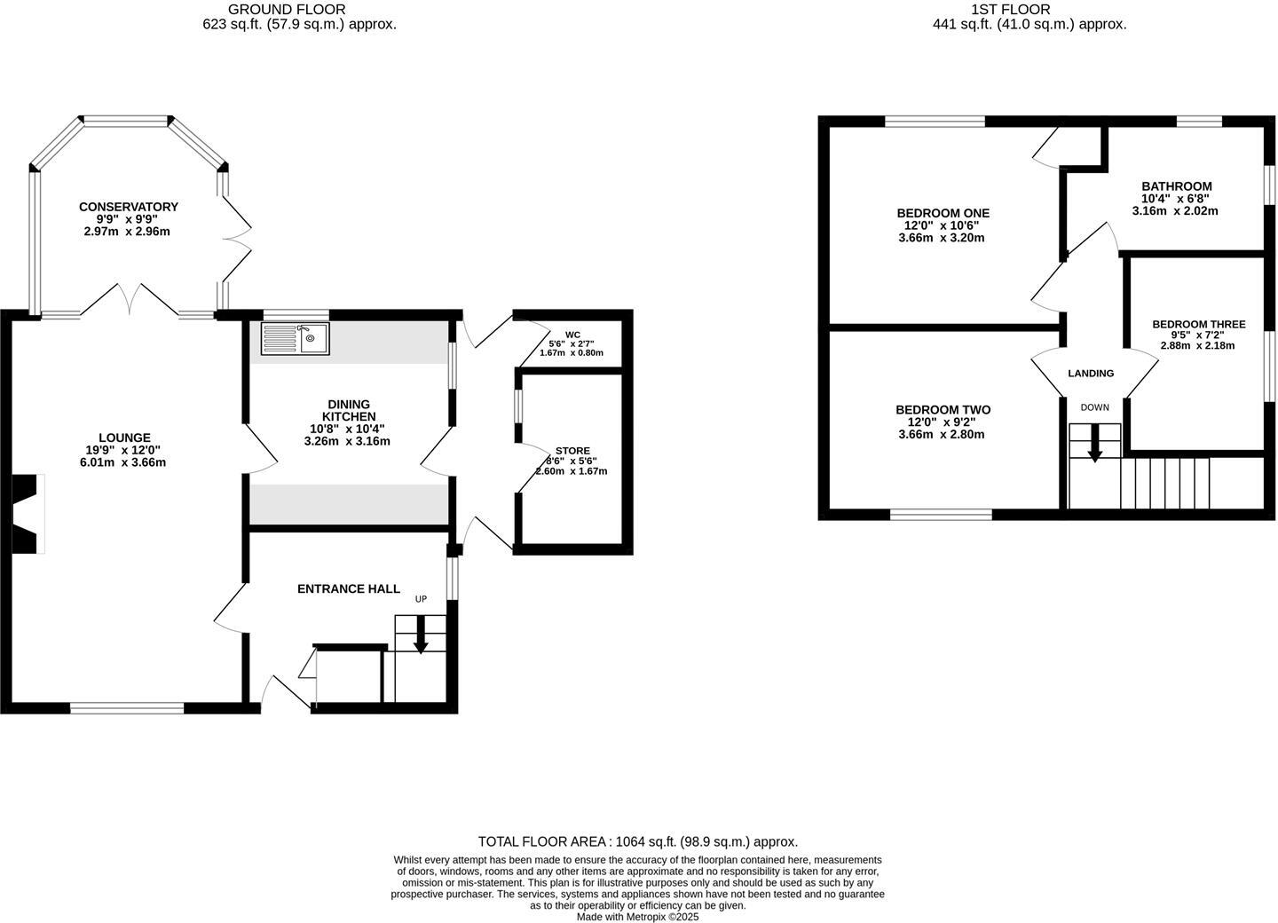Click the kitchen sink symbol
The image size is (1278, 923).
click(295, 338)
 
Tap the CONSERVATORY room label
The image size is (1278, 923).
click(128, 207)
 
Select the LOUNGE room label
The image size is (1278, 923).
click(124, 438)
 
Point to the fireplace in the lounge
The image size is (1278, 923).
click(27, 514)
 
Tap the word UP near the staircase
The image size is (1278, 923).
click(421, 599)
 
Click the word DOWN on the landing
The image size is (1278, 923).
click(1094, 407)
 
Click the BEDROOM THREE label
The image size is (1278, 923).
click(1198, 325)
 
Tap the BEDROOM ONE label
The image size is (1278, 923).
click(943, 213)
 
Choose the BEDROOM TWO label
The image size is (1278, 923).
click(943, 410)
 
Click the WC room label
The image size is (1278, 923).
click(572, 335)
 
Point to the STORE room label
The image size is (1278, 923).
click(572, 451)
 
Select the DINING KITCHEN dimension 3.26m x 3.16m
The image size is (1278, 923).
click(347, 441)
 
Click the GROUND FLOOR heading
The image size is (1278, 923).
click(287, 10)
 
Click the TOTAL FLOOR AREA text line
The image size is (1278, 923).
click(637, 841)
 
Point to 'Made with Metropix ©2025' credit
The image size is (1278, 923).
click(637, 917)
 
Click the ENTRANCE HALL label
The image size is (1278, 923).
click(348, 588)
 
